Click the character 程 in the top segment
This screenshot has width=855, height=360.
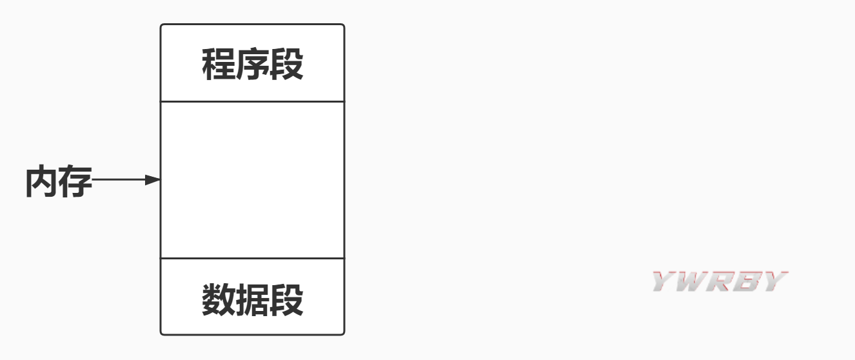(219, 65)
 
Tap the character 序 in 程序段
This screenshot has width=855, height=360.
(253, 65)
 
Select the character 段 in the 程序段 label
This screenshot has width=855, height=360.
(287, 65)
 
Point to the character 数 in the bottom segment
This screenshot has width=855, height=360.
(219, 300)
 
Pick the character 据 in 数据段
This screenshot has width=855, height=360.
(253, 300)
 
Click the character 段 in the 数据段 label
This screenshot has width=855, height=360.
(287, 300)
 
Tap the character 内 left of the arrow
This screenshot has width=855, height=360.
(42, 181)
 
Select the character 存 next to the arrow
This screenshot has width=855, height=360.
(75, 181)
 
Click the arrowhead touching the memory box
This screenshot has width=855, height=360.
(153, 180)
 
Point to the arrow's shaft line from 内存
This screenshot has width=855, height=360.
(119, 180)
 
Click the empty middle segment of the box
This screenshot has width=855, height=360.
(252, 180)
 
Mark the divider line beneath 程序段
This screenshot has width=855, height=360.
(252, 101)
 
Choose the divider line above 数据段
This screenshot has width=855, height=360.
(252, 258)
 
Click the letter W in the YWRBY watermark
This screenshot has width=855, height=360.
(689, 282)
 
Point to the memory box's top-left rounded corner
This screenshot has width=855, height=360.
(162, 26)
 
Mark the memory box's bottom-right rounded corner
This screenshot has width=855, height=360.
(343, 333)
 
